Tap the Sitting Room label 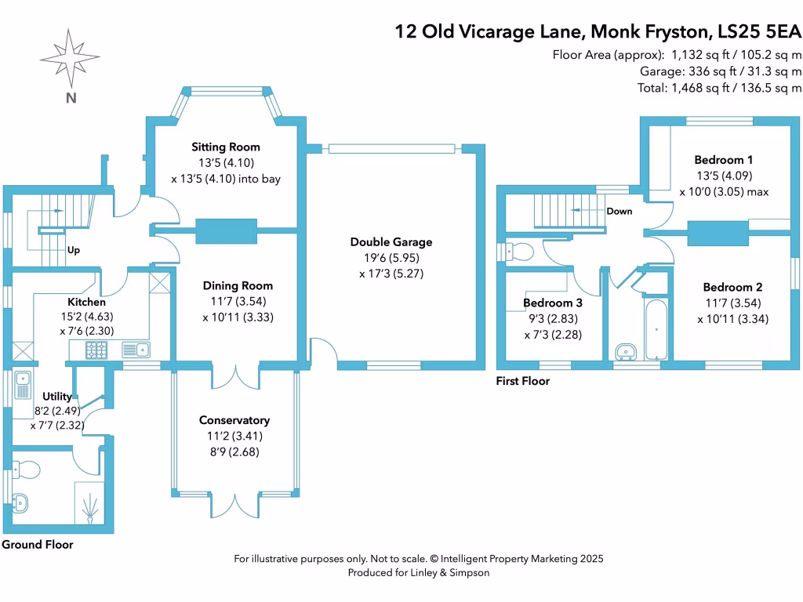(x=226, y=147)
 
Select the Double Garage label (x=391, y=242)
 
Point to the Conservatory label (x=234, y=420)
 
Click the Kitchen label (x=86, y=302)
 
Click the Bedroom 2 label (x=732, y=287)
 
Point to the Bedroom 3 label (x=553, y=303)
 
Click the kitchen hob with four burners (x=96, y=350)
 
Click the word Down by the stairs (x=619, y=211)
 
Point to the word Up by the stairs (x=74, y=251)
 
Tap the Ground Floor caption (x=37, y=544)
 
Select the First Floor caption (x=523, y=381)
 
